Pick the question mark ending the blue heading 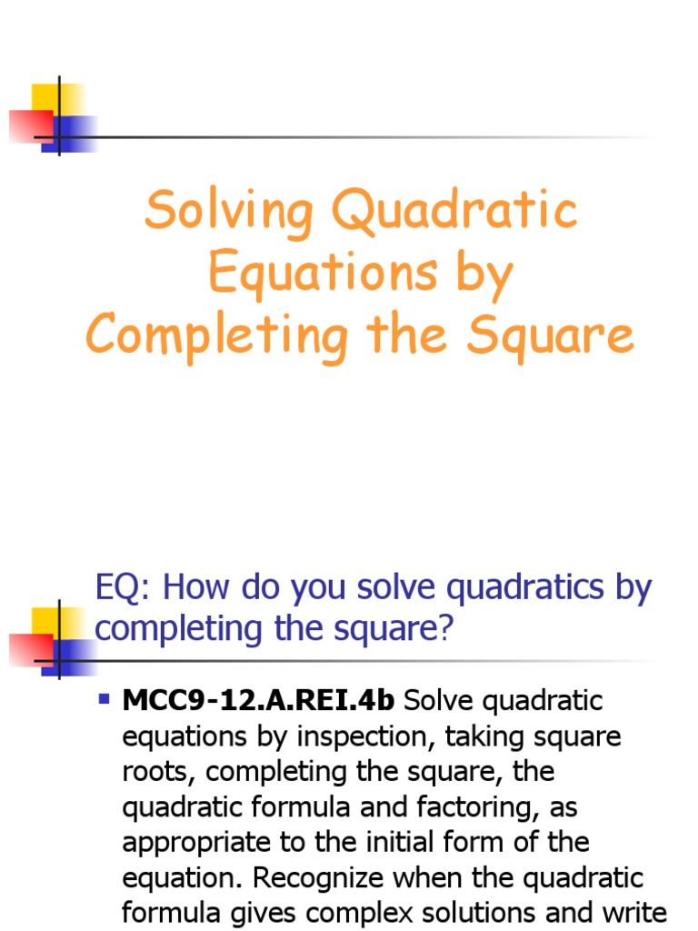(444, 628)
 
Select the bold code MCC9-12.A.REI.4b (258, 701)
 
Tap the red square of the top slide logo (29, 125)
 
